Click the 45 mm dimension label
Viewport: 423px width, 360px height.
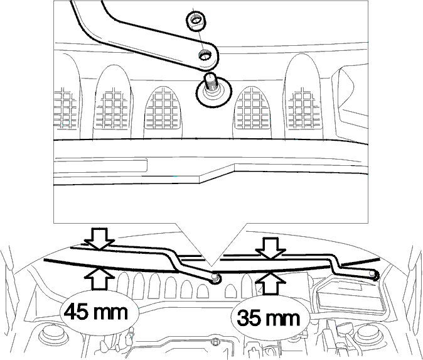click(95, 312)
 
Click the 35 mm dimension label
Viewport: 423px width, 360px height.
click(269, 317)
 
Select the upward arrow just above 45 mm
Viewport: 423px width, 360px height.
click(100, 278)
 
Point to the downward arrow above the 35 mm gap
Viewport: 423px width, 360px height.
click(270, 249)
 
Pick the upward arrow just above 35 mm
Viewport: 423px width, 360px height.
click(270, 283)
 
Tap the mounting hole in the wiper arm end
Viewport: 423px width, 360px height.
click(205, 55)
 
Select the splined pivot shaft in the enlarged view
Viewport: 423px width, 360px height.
click(211, 83)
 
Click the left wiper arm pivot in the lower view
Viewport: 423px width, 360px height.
click(215, 278)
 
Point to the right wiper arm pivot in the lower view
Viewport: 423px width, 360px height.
click(374, 275)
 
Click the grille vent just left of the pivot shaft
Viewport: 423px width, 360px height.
click(163, 107)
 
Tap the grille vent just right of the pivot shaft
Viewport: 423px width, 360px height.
click(252, 107)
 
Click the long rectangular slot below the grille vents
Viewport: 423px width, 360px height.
click(100, 165)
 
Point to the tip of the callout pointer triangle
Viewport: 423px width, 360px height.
click(211, 267)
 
